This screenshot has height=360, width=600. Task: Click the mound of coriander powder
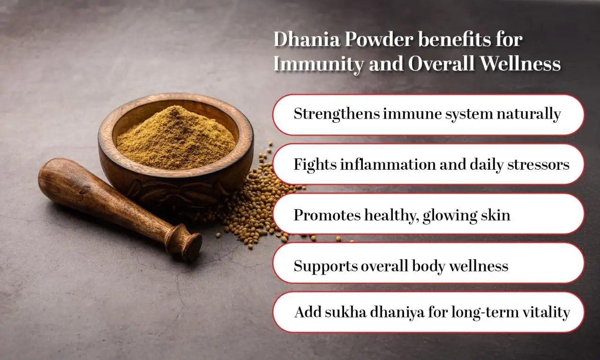tap(176, 136)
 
